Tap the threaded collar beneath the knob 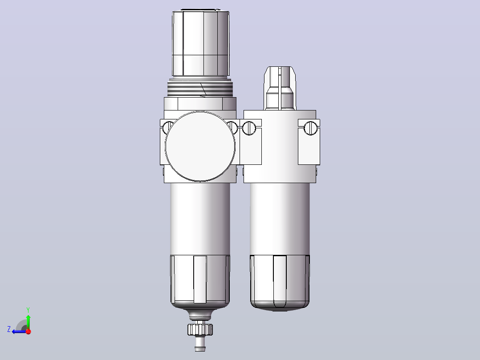click(x=200, y=89)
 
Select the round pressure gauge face click(x=200, y=147)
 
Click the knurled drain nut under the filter click(x=200, y=329)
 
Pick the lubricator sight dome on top click(x=280, y=88)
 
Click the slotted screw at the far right click(x=310, y=128)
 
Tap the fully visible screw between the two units click(x=249, y=128)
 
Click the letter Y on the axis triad click(x=28, y=310)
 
